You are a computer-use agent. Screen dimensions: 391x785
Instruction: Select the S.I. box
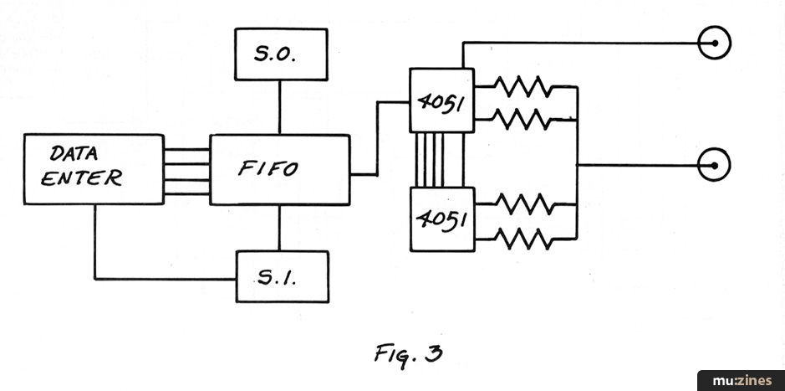[282, 276]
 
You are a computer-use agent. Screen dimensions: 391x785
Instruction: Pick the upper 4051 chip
[441, 100]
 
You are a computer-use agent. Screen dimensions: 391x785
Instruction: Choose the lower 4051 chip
[441, 219]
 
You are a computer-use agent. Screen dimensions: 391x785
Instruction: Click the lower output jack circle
[716, 164]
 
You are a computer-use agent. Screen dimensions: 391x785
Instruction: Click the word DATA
[75, 154]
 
